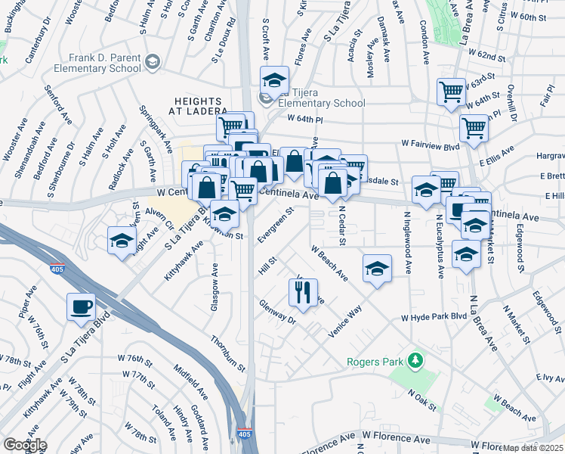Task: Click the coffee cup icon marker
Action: [81, 307]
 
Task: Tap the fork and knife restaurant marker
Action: [303, 292]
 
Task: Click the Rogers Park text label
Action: [375, 362]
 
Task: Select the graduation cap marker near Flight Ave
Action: [122, 241]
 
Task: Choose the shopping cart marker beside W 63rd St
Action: [451, 92]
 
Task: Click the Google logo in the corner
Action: [24, 445]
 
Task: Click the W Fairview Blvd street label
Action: [431, 142]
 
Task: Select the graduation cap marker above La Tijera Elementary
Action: [275, 79]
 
